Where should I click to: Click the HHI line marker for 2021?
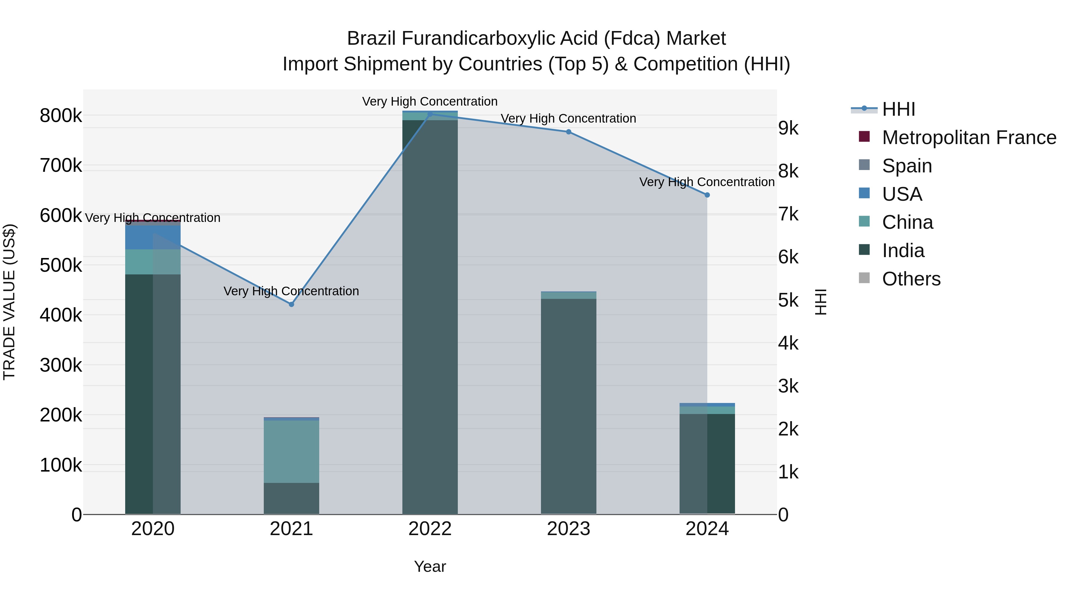291,304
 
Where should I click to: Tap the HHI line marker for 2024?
707,195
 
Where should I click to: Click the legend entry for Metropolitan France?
969,138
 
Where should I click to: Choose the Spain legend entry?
907,166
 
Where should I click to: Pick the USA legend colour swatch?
864,193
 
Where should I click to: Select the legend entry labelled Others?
911,279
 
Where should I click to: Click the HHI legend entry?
898,109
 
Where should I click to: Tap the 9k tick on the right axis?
788,129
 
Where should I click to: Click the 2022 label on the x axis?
430,529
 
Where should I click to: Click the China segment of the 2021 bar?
291,452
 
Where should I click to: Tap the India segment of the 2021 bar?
291,498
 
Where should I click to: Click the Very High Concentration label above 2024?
707,182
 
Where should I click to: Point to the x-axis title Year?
430,566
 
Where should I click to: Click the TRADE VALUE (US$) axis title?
9,302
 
